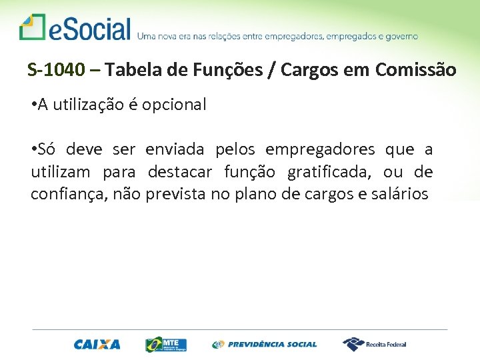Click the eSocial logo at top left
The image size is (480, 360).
[x=75, y=29]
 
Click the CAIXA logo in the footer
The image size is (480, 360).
[x=97, y=345]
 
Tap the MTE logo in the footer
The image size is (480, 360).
[x=166, y=344]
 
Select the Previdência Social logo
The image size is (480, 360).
[x=265, y=345]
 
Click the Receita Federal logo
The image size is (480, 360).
[x=375, y=344]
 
